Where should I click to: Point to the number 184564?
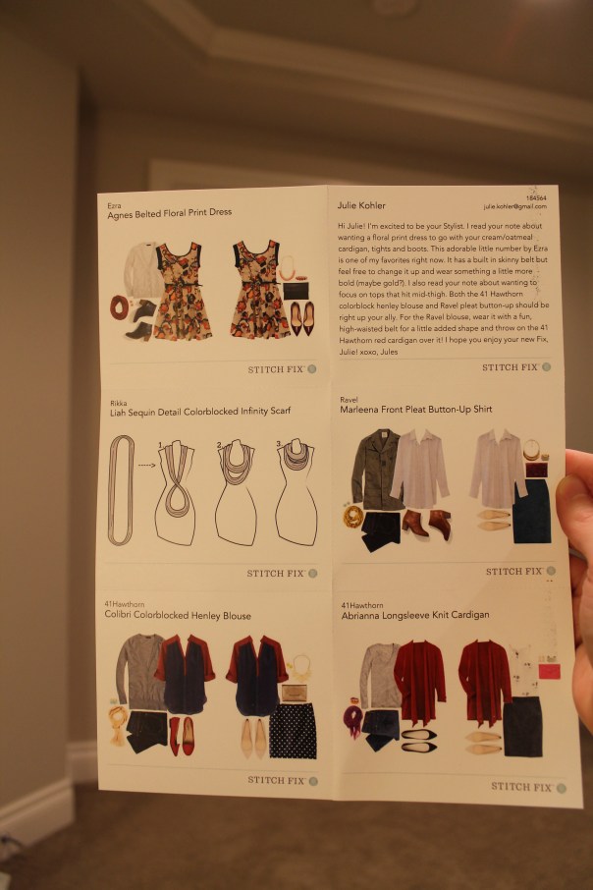click(534, 198)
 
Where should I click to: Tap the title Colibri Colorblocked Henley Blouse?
click(178, 616)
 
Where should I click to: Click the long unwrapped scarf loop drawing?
click(119, 489)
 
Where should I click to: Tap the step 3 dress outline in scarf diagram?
click(296, 491)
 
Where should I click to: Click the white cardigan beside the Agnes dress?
click(144, 268)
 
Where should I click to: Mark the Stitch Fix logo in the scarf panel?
click(281, 573)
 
